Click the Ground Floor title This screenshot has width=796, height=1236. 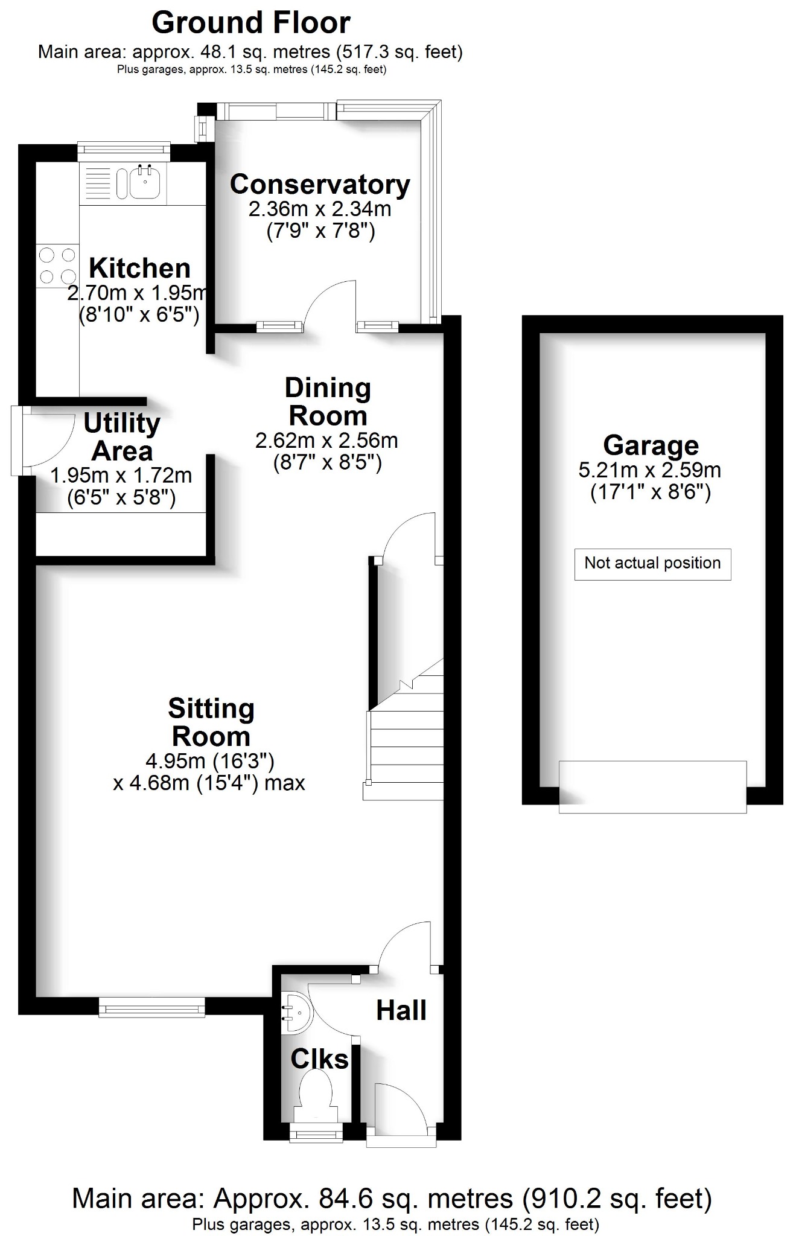250,23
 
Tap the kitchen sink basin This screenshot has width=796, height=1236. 144,182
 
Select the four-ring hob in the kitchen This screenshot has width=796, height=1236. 57,266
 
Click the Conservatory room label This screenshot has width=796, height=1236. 320,185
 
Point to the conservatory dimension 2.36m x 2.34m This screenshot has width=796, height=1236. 320,209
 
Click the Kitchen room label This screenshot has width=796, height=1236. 139,268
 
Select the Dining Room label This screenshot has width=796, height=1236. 328,402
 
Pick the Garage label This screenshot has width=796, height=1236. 651,445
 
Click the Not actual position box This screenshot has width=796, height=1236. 652,564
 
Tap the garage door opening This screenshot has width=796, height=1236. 652,787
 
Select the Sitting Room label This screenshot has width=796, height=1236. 211,722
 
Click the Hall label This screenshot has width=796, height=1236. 401,1010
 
